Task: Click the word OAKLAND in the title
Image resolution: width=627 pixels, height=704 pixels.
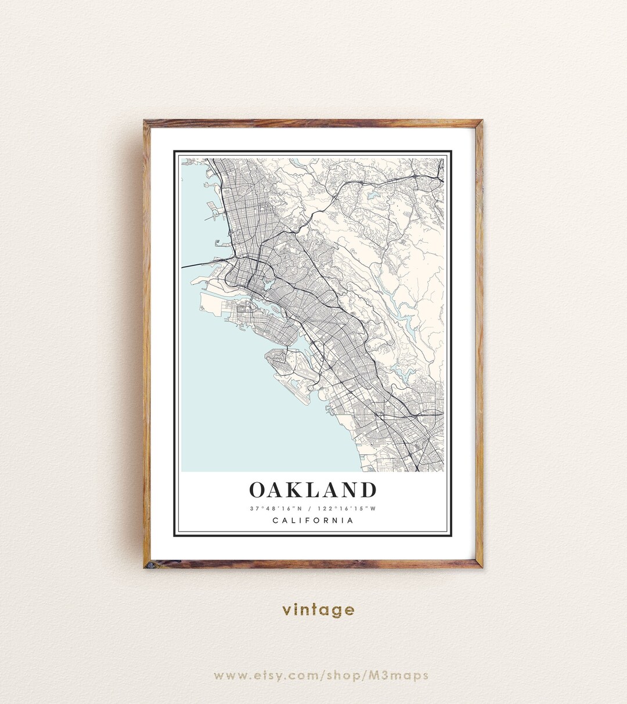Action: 313,490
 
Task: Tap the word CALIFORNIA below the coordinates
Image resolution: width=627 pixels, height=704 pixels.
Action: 313,520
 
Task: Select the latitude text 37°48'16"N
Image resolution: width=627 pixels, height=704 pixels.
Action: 276,509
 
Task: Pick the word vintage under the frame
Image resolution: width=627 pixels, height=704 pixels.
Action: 318,610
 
